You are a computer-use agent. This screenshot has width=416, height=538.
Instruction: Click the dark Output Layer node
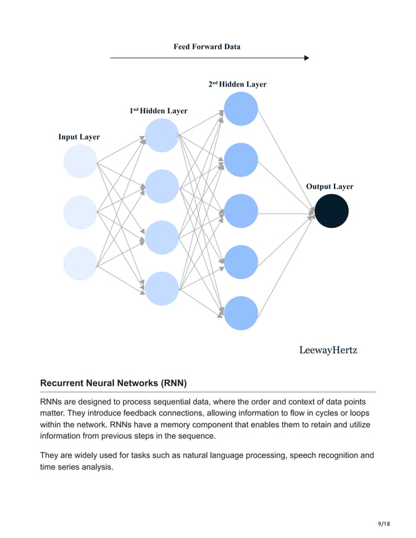pos(332,212)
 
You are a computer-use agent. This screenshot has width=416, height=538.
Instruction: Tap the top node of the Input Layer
pos(80,162)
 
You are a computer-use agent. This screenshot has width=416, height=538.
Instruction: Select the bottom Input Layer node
pos(80,263)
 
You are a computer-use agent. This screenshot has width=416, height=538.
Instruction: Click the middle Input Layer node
pos(80,212)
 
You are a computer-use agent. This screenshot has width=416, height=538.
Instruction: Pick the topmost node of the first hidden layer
pos(162,135)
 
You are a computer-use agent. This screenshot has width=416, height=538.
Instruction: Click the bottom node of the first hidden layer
pos(162,289)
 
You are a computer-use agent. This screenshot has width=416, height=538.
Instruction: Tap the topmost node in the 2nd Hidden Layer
pos(241,109)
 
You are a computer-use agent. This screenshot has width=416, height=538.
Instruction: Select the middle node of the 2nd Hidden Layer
pos(241,212)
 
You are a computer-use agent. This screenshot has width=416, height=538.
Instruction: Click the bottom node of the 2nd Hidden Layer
pos(241,313)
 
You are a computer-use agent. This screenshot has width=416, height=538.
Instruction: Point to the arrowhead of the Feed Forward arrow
pos(306,58)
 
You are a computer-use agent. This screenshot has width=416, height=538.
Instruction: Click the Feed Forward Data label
pos(207,47)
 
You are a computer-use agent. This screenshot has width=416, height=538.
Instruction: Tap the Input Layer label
pos(79,137)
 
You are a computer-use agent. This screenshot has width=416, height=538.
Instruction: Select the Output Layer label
pos(329,186)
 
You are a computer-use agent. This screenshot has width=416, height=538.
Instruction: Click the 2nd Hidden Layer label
pos(237,84)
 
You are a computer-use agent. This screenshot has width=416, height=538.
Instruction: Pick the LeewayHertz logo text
pos(328,350)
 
